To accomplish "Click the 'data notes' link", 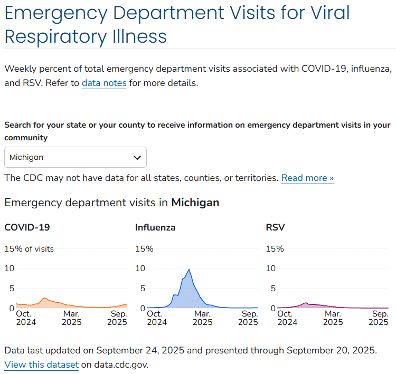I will pyautogui.click(x=104, y=83).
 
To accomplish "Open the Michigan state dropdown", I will pyautogui.click(x=75, y=157).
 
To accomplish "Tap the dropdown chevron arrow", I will pyautogui.click(x=137, y=157).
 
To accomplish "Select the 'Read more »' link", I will pyautogui.click(x=307, y=178).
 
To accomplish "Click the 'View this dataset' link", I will pyautogui.click(x=41, y=365).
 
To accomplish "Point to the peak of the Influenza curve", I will pyautogui.click(x=189, y=270).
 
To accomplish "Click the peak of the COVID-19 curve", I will pyautogui.click(x=45, y=298).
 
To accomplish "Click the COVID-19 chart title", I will pyautogui.click(x=27, y=228).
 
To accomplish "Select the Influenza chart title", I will pyautogui.click(x=155, y=228).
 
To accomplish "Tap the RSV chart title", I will pyautogui.click(x=275, y=228).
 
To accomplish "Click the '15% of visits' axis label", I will pyautogui.click(x=29, y=249).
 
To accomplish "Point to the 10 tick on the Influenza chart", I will pyautogui.click(x=140, y=268).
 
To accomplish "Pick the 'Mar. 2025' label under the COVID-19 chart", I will pyautogui.click(x=72, y=318).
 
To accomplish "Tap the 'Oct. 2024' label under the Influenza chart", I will pyautogui.click(x=154, y=318).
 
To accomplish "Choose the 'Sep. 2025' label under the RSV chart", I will pyautogui.click(x=380, y=318).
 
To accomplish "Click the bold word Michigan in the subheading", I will pyautogui.click(x=195, y=203).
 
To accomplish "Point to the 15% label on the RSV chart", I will pyautogui.click(x=275, y=249).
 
